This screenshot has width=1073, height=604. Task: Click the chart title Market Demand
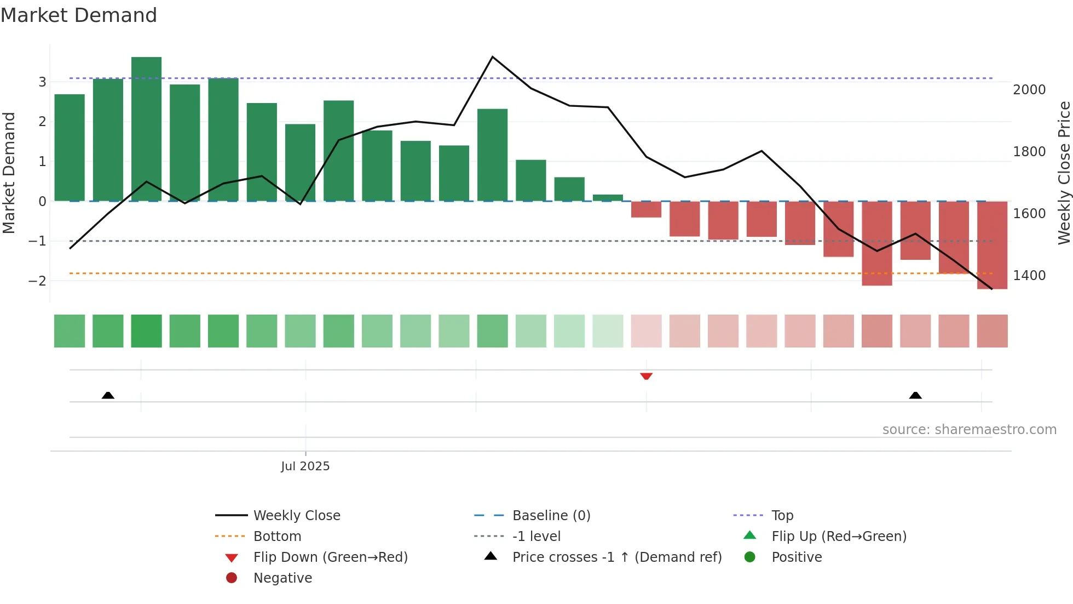click(x=79, y=15)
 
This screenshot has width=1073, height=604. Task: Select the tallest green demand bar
click(x=146, y=129)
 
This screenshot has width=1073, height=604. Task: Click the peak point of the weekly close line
click(x=493, y=57)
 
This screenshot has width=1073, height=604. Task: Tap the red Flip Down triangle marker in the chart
click(x=646, y=376)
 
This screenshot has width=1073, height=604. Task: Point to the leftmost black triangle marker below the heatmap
click(x=108, y=395)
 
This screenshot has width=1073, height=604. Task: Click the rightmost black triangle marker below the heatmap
click(x=915, y=395)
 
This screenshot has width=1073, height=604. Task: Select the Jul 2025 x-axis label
click(x=305, y=466)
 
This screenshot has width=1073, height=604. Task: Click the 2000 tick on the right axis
click(x=1029, y=89)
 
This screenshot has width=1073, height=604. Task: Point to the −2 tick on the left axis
click(x=37, y=281)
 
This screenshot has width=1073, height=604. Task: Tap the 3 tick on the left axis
click(x=42, y=82)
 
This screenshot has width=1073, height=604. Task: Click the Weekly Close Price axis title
click(x=1064, y=173)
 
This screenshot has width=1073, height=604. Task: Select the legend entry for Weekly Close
click(x=296, y=515)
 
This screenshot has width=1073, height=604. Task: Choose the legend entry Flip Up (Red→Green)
click(x=839, y=536)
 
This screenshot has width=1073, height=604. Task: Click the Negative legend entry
click(x=282, y=578)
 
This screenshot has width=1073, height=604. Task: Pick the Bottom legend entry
click(x=277, y=536)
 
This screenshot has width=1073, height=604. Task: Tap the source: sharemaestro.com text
click(x=969, y=429)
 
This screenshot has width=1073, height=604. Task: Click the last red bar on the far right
click(x=992, y=245)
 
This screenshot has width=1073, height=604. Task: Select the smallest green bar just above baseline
click(x=608, y=198)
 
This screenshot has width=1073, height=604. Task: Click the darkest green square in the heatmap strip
click(x=146, y=331)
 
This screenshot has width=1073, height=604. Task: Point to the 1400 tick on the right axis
click(x=1029, y=275)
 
